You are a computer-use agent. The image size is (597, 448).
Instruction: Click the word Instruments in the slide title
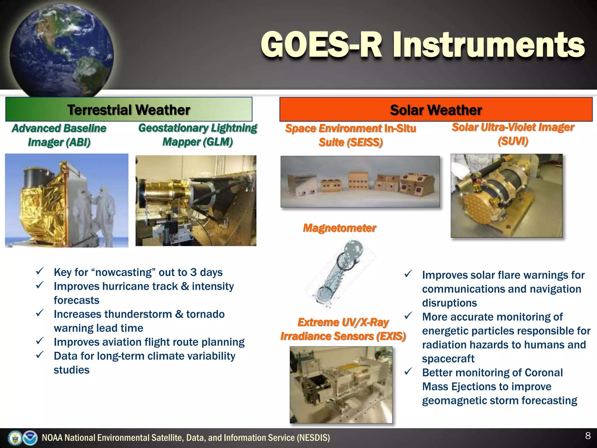pos(488,45)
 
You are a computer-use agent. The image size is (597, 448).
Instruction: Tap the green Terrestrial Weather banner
pos(129,109)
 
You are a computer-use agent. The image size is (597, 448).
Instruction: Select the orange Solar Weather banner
pos(436,109)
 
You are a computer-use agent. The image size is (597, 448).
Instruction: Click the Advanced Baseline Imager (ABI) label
pos(59,135)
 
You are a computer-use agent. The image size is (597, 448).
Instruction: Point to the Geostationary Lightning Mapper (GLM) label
pos(198,135)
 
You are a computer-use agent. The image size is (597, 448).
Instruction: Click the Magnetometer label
pos(340,228)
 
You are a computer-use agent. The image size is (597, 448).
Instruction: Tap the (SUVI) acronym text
pos(513,141)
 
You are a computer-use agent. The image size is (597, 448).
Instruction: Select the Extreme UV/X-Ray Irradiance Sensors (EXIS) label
pos(343,329)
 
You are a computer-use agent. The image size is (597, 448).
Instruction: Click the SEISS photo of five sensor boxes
pos(360,182)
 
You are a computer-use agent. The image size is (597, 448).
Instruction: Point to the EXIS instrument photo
pos(341,385)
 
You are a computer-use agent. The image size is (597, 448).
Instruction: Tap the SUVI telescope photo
pos(507,195)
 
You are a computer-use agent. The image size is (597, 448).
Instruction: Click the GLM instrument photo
pos(196,201)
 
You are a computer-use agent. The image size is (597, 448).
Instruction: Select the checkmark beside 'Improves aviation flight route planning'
pos(40,341)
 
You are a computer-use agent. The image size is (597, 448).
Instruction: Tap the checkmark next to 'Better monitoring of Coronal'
pos(408,372)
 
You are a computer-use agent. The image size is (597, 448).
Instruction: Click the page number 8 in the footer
pos(588,436)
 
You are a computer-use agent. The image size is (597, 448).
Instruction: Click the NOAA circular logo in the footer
pos(30,438)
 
